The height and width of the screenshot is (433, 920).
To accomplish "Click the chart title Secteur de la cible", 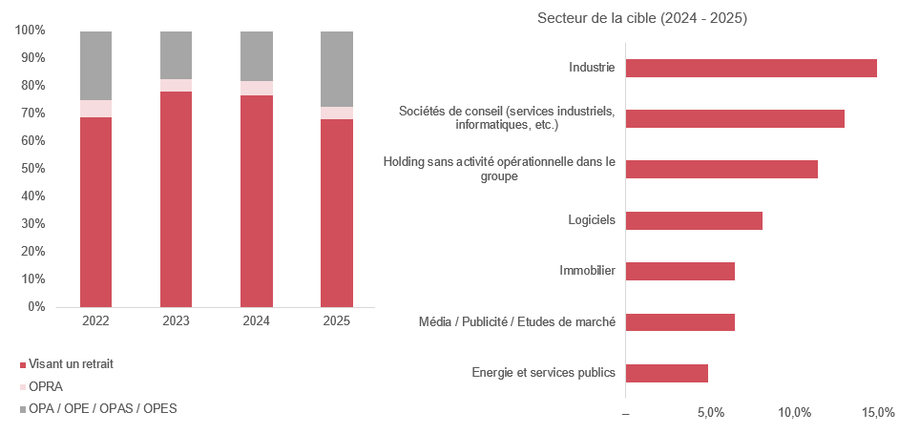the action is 642,18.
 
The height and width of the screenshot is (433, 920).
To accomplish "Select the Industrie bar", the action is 751,68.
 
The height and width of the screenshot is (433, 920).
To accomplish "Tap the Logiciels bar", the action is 694,220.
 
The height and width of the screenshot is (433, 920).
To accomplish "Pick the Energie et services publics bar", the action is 667,373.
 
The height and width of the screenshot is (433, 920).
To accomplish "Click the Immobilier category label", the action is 587,271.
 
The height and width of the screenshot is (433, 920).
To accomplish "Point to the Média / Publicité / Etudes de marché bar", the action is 680,322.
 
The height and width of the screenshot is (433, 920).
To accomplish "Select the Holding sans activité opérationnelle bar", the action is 721,169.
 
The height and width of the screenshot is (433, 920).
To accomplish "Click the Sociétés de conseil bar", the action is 735,118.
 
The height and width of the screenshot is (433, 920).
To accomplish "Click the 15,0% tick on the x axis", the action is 878,412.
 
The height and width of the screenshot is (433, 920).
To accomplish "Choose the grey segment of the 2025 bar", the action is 337,70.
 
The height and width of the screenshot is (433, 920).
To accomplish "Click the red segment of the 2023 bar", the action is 176,199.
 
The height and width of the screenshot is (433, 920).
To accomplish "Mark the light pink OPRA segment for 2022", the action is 96,109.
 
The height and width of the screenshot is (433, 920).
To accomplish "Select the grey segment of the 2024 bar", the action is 257,56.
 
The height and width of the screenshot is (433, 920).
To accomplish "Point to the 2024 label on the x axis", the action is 257,321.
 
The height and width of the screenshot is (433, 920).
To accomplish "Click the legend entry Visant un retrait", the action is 66,363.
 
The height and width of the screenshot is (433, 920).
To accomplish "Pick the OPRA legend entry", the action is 41,387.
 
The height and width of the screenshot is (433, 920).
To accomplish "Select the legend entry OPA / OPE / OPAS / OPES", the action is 98,409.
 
